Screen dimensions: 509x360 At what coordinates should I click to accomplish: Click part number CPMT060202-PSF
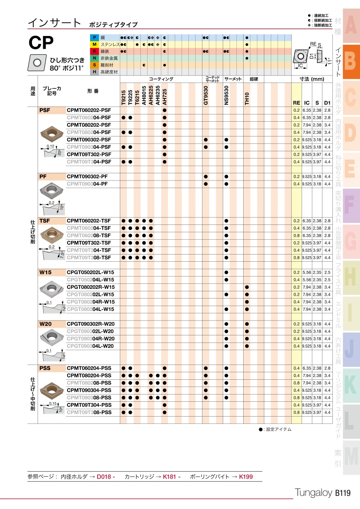(89, 110)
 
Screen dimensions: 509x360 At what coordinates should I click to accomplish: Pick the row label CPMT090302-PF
(87, 176)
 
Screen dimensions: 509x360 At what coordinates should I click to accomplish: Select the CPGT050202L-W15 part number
(90, 272)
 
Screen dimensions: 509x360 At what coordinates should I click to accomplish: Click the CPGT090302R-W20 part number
(90, 324)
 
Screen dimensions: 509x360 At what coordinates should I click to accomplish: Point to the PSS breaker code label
(45, 368)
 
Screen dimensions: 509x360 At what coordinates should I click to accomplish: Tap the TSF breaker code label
(45, 220)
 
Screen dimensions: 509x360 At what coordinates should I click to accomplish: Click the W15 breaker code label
(45, 272)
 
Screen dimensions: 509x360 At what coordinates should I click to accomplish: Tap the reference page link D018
(106, 477)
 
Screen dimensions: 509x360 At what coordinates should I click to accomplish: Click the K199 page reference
(246, 477)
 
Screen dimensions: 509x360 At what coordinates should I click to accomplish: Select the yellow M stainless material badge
(94, 44)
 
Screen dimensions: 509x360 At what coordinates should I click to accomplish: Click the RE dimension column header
(296, 103)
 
